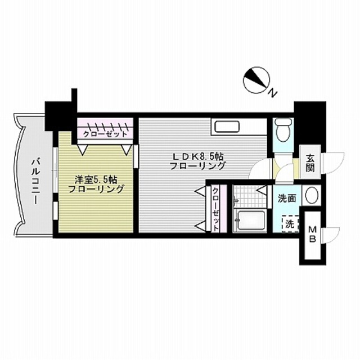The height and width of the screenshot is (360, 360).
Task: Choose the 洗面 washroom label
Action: pyautogui.click(x=287, y=197)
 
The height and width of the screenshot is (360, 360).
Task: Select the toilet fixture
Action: pyautogui.click(x=282, y=130)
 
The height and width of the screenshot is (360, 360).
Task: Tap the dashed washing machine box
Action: pyautogui.click(x=290, y=224)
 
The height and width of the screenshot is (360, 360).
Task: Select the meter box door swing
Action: pyautogui.click(x=332, y=232)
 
